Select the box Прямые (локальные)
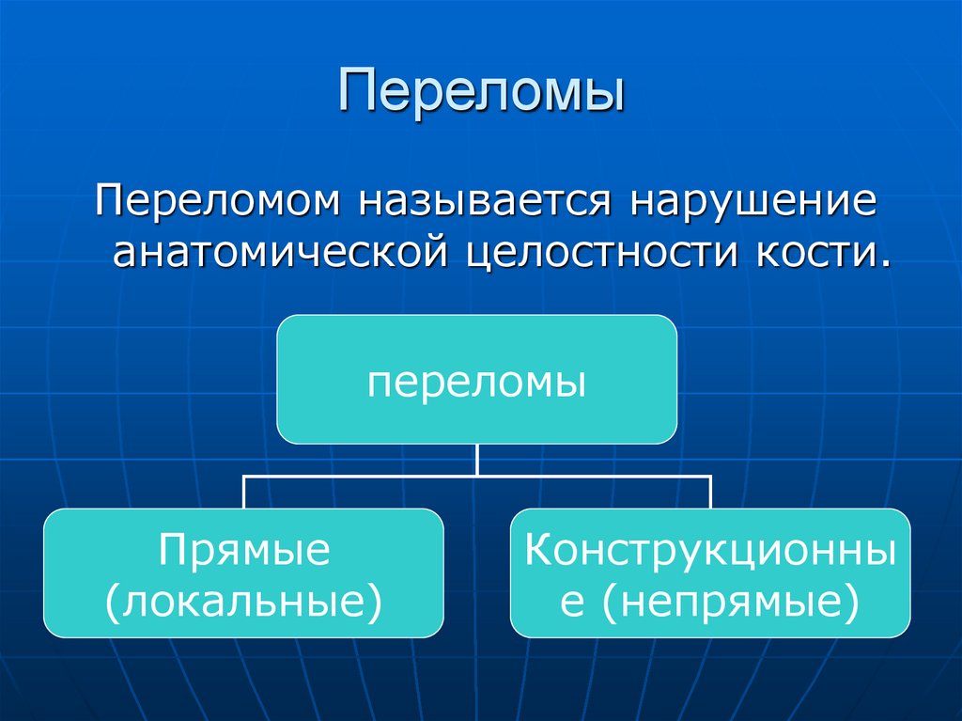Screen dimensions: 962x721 243,572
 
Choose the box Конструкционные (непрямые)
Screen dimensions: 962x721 709,572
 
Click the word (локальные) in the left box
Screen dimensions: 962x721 244,599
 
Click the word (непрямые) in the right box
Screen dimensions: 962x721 733,599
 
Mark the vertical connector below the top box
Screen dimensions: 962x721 477,459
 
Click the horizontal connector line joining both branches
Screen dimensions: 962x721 477,476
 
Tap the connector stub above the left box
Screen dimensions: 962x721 244,492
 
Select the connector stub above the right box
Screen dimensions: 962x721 709,492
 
